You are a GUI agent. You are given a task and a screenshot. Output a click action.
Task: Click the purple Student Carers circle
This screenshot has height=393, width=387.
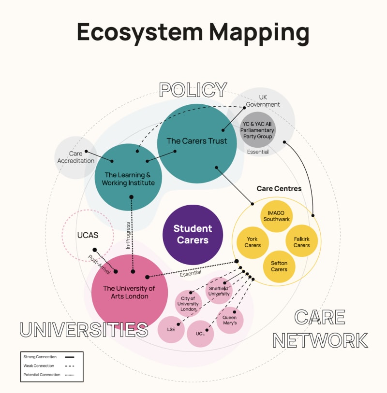pos(193,234)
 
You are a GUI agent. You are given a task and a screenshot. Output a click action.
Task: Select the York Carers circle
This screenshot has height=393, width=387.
pos(253,242)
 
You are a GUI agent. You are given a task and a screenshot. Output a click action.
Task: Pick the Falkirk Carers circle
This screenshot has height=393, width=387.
pos(301,242)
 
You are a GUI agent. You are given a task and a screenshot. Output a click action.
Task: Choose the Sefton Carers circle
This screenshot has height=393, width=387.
pos(279,266)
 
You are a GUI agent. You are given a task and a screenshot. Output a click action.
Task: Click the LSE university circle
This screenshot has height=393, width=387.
pos(171,329)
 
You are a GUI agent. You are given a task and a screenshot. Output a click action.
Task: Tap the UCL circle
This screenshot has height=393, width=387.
pos(200,334)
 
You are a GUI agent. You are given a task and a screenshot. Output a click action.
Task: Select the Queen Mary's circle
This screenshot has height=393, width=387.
pos(229,320)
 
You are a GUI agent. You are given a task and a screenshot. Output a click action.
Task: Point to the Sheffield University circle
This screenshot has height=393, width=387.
pos(219,291)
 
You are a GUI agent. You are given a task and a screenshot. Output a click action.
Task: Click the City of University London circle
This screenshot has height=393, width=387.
pos(188,303)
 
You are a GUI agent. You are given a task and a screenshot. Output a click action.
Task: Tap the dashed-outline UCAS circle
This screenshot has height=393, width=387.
pos(88,236)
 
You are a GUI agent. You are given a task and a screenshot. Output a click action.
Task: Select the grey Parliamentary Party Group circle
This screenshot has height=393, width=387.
pos(258,130)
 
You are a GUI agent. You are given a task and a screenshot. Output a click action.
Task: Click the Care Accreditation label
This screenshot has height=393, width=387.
pos(75,157)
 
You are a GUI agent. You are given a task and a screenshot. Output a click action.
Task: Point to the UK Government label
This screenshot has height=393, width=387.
pos(263,101)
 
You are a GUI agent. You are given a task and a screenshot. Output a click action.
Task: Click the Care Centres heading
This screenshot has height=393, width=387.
pos(279,189)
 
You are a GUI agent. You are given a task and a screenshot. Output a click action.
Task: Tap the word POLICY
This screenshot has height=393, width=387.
pos(193,90)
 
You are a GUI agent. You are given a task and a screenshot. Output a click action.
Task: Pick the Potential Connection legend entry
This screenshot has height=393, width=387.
pos(42,375)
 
